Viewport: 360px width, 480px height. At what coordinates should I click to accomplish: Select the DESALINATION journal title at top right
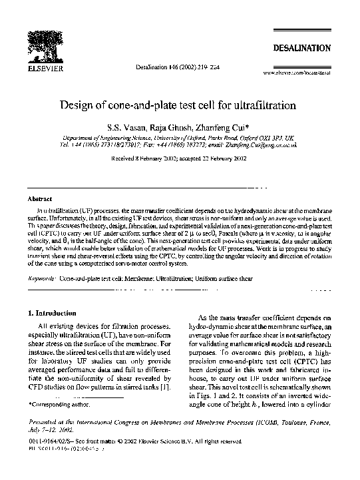301,48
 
